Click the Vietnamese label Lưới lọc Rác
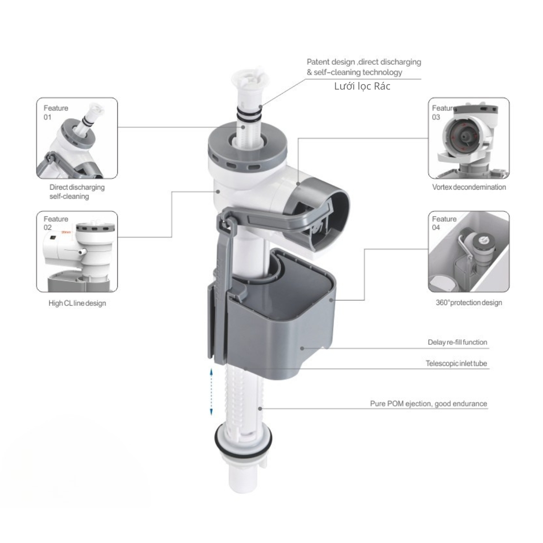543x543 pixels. pyautogui.click(x=362, y=86)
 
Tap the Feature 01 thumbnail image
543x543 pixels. pyautogui.click(x=77, y=138)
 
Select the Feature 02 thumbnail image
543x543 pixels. pyautogui.click(x=77, y=251)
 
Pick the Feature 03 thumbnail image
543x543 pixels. pyautogui.click(x=469, y=138)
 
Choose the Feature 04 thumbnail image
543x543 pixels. pyautogui.click(x=469, y=251)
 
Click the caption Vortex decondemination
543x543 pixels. pyautogui.click(x=469, y=187)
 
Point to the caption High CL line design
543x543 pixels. pyautogui.click(x=77, y=303)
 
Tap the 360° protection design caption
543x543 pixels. pyautogui.click(x=469, y=303)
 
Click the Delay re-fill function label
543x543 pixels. pyautogui.click(x=457, y=342)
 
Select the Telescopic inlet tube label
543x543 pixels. pyautogui.click(x=456, y=363)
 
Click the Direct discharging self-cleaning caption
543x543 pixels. pyautogui.click(x=77, y=191)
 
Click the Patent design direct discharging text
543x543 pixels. pyautogui.click(x=364, y=67)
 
